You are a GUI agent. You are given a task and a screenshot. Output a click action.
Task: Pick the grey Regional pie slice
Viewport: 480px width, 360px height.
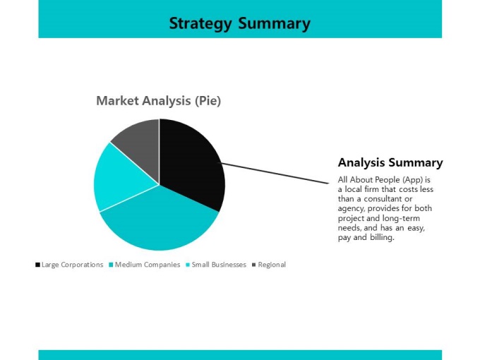click(140, 144)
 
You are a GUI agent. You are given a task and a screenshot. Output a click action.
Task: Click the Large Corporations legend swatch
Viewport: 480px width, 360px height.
click(37, 265)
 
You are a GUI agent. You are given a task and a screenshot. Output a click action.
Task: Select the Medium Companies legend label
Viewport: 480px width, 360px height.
click(148, 265)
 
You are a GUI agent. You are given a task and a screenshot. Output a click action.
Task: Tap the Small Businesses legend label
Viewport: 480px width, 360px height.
click(219, 265)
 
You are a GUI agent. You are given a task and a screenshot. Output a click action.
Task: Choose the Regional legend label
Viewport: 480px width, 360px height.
click(272, 265)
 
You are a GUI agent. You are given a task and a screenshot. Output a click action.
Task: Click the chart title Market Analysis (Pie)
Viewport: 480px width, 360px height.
click(159, 101)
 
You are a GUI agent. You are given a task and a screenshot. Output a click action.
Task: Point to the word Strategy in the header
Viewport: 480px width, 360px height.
click(200, 24)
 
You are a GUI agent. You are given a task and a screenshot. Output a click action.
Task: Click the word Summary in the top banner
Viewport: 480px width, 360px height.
click(275, 24)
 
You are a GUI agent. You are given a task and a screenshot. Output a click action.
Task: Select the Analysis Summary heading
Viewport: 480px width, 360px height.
click(390, 162)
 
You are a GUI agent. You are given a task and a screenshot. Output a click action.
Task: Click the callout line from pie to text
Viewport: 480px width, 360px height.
click(275, 173)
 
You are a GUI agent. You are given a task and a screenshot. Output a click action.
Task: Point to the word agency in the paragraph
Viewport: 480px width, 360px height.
click(351, 209)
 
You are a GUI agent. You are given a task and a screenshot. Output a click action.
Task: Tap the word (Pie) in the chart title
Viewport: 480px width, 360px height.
click(208, 101)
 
